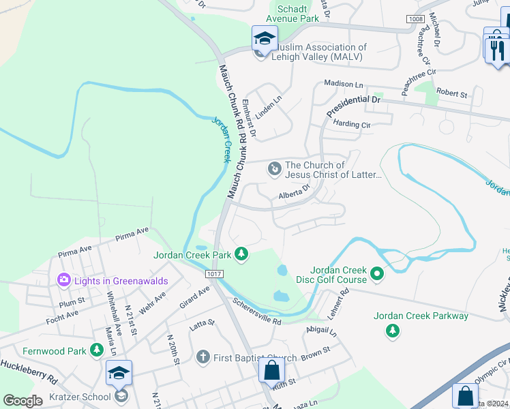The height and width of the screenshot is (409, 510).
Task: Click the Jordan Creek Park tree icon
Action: click(241, 255)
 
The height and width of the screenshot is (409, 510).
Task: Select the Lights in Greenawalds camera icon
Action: click(64, 279)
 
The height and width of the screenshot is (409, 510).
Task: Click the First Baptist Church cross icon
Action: click(202, 357)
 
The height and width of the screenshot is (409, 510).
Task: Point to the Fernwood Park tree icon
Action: click(97, 350)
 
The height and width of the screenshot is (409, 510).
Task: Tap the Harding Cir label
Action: click(351, 125)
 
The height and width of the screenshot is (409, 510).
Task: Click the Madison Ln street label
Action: click(344, 84)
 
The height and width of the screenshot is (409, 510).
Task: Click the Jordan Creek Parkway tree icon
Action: click(392, 331)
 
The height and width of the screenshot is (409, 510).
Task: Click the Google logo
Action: click(23, 400)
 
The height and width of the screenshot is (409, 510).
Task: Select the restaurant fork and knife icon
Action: click(496, 49)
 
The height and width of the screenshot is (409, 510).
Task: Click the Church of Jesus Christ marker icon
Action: click(274, 168)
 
